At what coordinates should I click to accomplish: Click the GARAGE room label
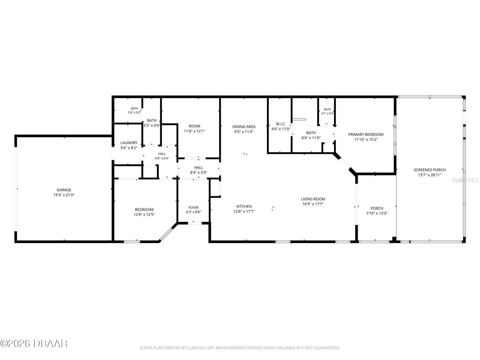click(64, 190)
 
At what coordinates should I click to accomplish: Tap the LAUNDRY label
click(129, 143)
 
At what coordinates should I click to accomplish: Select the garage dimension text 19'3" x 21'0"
click(64, 195)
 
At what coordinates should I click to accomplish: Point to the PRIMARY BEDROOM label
click(366, 134)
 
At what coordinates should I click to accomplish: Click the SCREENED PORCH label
click(430, 170)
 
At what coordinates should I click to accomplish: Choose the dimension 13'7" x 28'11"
click(430, 175)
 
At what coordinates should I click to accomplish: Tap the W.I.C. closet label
click(281, 124)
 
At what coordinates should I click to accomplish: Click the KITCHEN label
click(244, 206)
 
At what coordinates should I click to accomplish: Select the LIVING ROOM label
click(313, 199)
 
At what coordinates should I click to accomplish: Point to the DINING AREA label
click(244, 127)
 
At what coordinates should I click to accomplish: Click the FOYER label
click(193, 208)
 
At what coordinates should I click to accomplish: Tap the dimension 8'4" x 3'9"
click(199, 172)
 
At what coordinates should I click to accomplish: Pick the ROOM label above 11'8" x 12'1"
click(194, 126)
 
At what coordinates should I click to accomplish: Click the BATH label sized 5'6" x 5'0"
click(134, 109)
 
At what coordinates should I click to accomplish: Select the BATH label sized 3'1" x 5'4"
click(327, 109)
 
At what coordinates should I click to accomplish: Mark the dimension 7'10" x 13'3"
click(377, 213)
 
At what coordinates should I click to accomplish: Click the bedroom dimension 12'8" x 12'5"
click(144, 214)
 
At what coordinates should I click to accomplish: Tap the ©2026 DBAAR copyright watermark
click(34, 344)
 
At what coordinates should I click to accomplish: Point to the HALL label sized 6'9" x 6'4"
click(162, 154)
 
